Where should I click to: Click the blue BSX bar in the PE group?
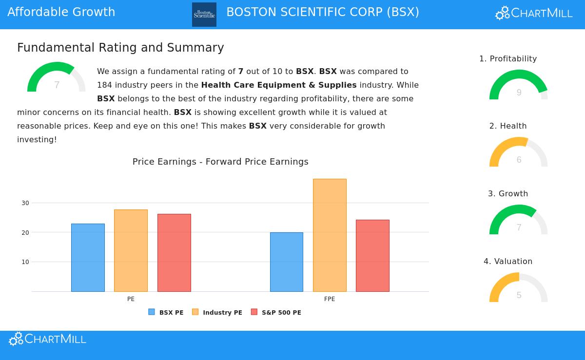tap(88, 258)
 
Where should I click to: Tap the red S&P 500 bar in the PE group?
tap(174, 253)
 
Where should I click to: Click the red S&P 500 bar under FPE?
tap(372, 256)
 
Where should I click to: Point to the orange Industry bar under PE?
tap(131, 250)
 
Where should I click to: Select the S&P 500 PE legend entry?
tap(276, 312)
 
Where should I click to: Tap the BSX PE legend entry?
tap(166, 312)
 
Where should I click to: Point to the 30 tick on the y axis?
tap(25, 203)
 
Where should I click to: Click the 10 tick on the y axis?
tap(25, 262)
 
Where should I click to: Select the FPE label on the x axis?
tap(330, 299)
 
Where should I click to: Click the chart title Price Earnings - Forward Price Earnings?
tap(220, 162)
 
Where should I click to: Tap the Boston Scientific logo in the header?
tap(204, 15)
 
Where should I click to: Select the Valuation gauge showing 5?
tap(519, 288)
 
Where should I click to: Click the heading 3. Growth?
tap(508, 193)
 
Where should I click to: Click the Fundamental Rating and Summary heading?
tap(120, 48)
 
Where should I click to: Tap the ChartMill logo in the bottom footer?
tap(48, 339)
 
